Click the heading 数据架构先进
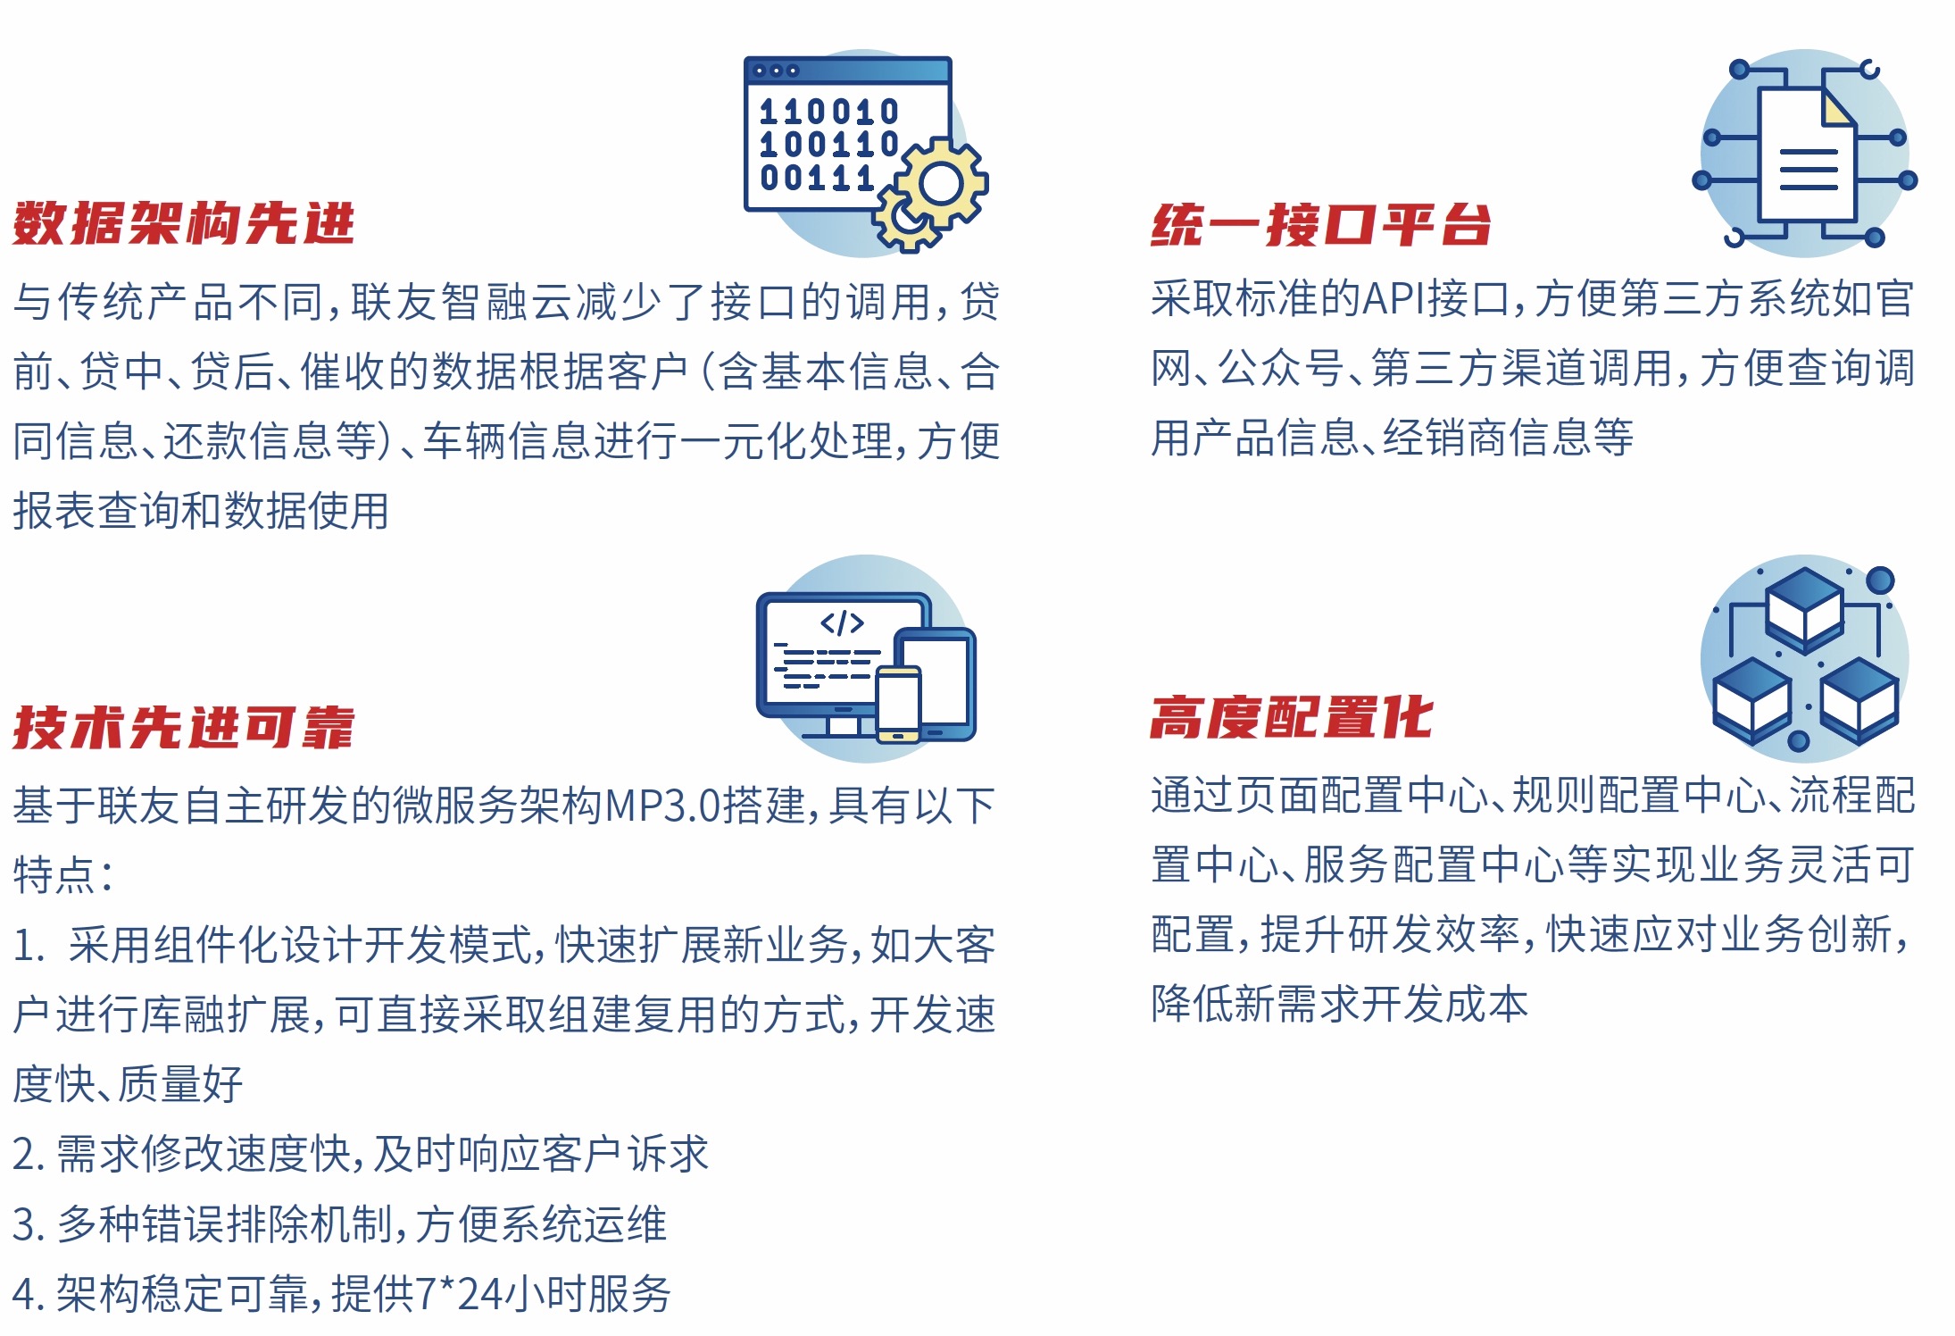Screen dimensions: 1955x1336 click(x=183, y=223)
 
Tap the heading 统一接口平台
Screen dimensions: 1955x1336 click(x=1321, y=224)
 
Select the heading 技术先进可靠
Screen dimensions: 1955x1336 click(x=183, y=727)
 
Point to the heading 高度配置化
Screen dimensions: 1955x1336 click(x=1292, y=718)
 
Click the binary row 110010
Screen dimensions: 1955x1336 click(x=828, y=112)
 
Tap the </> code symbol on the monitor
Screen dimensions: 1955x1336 click(x=842, y=622)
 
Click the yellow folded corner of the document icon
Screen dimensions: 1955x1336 click(x=1838, y=109)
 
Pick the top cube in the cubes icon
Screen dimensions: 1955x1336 click(x=1805, y=607)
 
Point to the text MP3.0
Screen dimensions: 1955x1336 click(x=662, y=806)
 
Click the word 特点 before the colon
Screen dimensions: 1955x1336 click(x=54, y=874)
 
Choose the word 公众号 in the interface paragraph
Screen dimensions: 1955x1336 click(x=1281, y=368)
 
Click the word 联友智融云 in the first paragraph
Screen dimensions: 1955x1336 click(x=462, y=302)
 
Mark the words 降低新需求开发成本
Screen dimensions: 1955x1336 click(x=1340, y=1004)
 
